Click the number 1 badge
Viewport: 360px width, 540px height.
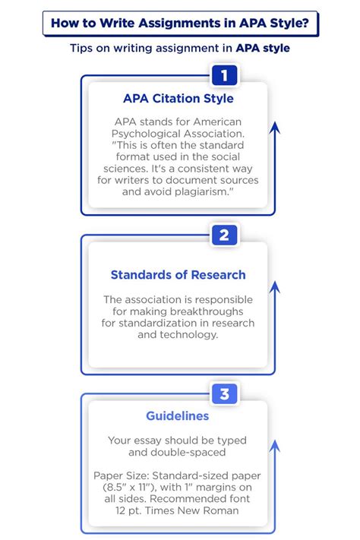click(224, 75)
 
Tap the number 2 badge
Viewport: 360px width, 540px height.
click(224, 235)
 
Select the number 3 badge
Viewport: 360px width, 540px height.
click(224, 393)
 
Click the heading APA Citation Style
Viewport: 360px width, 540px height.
click(178, 99)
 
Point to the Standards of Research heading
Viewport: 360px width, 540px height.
click(178, 275)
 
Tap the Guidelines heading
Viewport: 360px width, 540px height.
click(178, 415)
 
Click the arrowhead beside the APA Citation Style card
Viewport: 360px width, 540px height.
click(275, 128)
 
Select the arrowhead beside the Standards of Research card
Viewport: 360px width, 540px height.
click(275, 287)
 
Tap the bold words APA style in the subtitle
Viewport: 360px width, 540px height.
click(263, 48)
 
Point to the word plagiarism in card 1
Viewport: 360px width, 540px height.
click(201, 191)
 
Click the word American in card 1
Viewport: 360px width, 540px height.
click(217, 122)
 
